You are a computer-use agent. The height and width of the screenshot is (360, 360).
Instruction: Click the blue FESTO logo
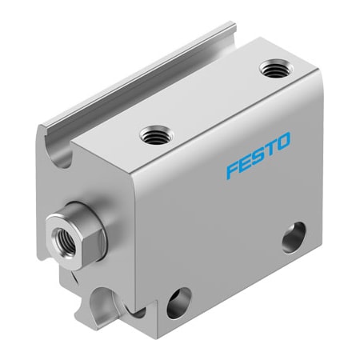[258, 155]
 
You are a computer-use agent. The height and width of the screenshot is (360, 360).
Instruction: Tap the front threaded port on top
[151, 137]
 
